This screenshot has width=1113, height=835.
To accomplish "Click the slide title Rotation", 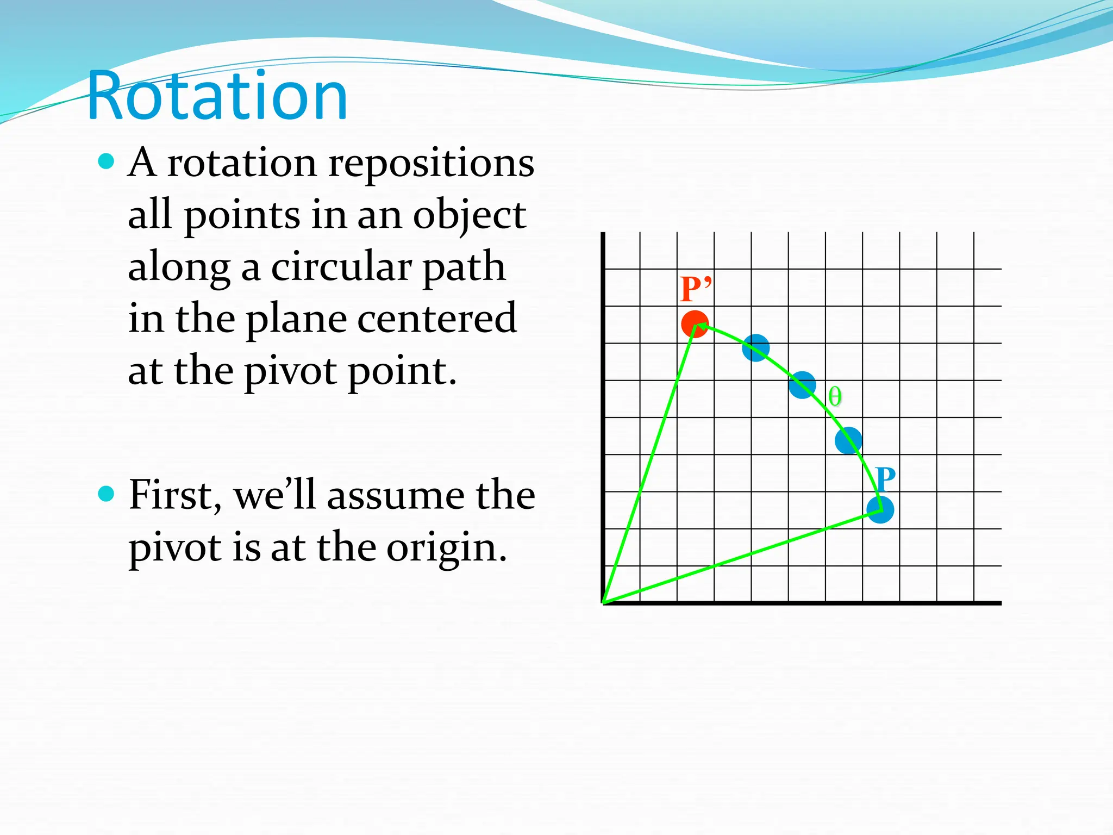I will point(217,96).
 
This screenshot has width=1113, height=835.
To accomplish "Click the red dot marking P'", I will point(694,325).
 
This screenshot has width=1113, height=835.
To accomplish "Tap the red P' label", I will point(695,289).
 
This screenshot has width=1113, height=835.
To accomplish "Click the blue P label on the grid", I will point(885,479).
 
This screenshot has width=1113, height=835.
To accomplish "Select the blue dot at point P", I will point(880,510).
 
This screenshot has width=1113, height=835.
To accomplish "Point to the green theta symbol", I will point(835,397).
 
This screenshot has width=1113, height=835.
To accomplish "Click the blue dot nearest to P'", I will point(755,348).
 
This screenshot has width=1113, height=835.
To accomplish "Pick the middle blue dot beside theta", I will point(802,385).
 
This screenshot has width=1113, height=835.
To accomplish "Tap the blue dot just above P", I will point(848,440).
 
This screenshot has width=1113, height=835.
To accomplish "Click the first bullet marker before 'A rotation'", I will point(107,161).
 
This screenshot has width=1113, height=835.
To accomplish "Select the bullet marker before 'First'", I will point(107,494).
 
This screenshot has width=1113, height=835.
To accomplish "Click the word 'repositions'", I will point(431,163).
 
